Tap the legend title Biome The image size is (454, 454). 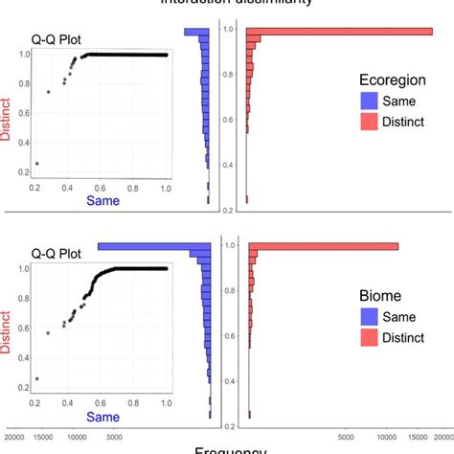coord(382,295)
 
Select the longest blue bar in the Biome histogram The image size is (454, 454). coord(153,246)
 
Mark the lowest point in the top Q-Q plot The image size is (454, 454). coord(36,164)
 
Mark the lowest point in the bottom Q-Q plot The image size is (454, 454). coord(36,379)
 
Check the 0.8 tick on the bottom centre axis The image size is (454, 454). coord(228,290)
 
